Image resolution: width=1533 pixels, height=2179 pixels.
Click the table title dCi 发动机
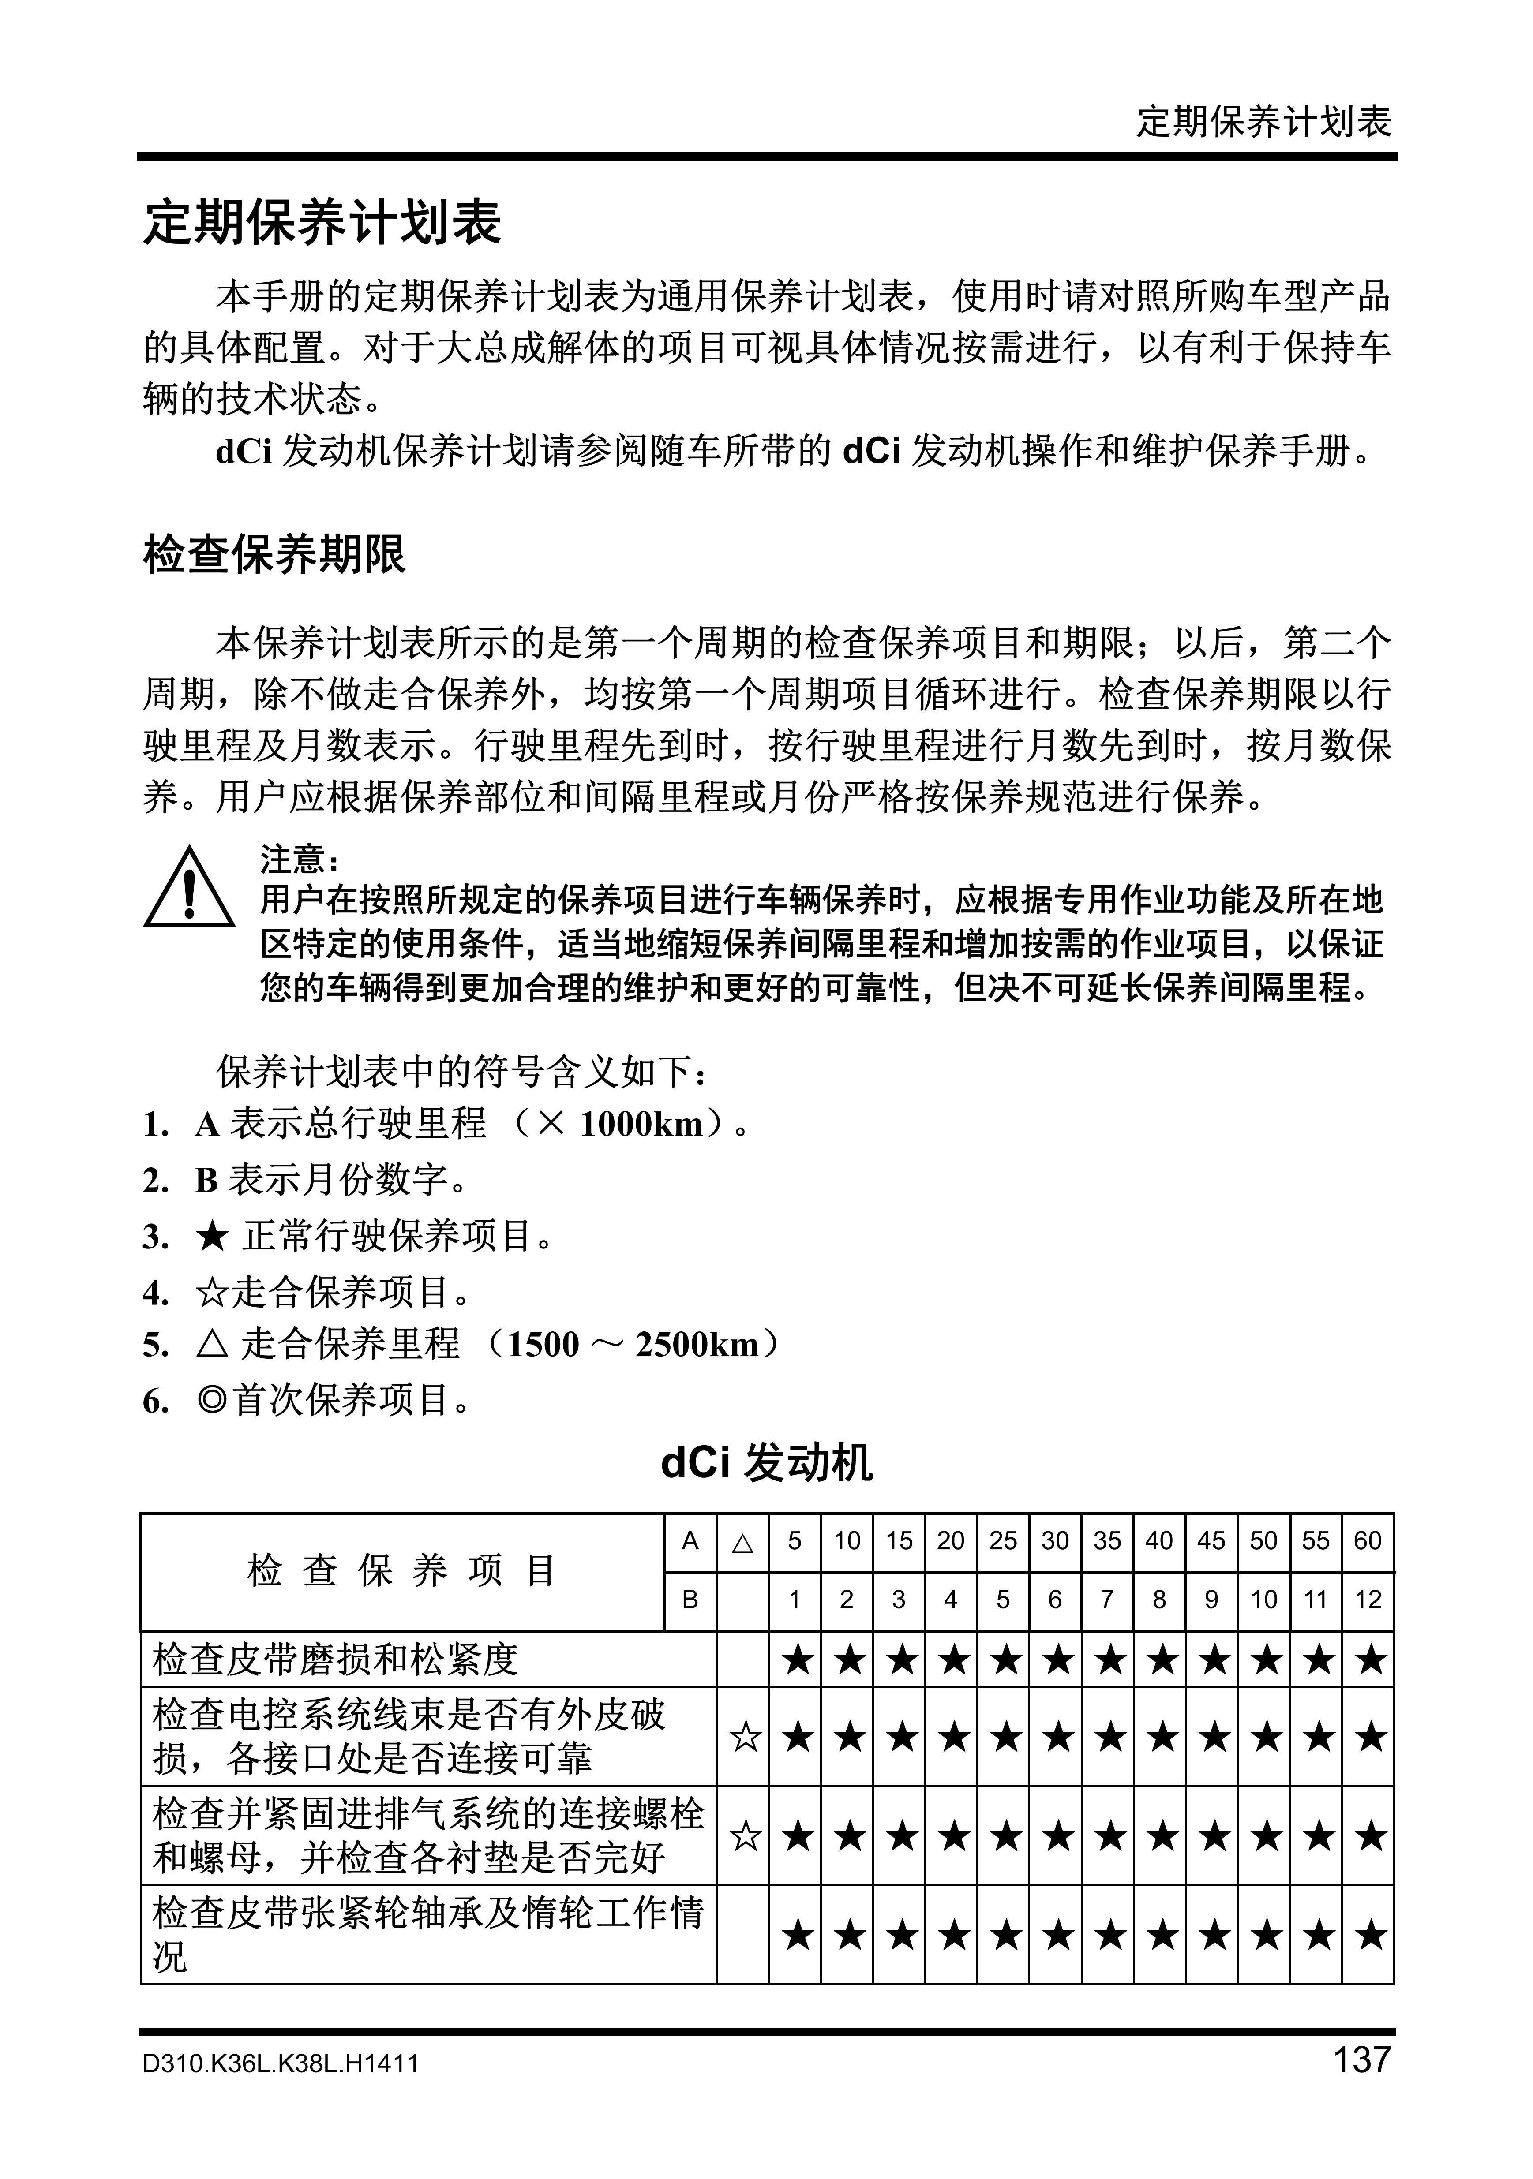[x=766, y=1462]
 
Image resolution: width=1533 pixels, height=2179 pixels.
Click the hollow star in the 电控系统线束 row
[x=745, y=1738]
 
